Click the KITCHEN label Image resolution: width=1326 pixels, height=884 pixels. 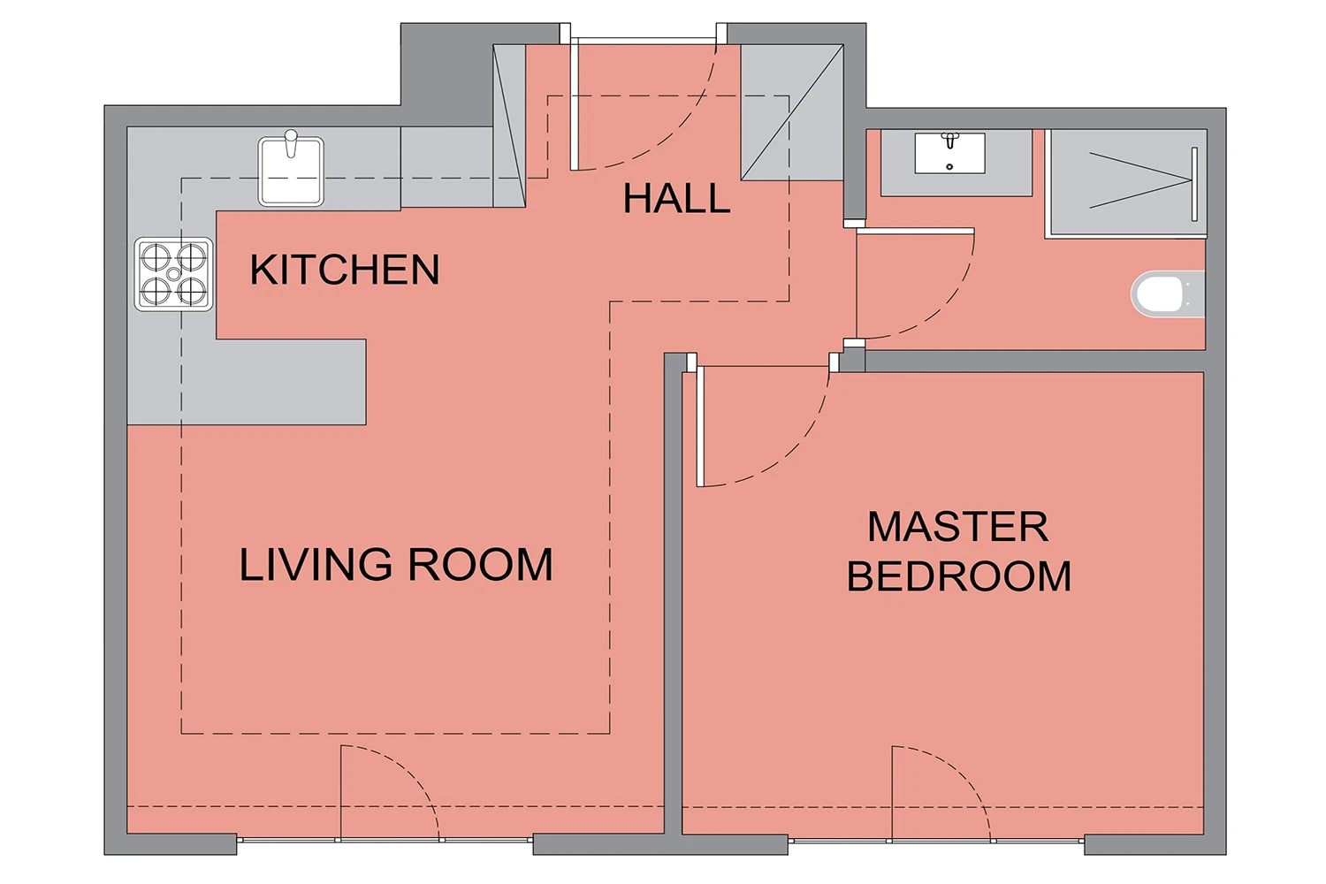pyautogui.click(x=345, y=270)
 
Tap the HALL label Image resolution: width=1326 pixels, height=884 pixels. pyautogui.click(x=676, y=198)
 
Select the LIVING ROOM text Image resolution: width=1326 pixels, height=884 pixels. pyautogui.click(x=395, y=564)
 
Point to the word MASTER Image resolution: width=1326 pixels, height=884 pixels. pyautogui.click(x=957, y=526)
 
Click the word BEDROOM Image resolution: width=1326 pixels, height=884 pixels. pyautogui.click(x=959, y=575)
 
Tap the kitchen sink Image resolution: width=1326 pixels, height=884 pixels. pyautogui.click(x=291, y=171)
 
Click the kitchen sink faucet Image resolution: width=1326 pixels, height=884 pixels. pyautogui.click(x=291, y=143)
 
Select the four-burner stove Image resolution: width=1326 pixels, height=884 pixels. pyautogui.click(x=173, y=274)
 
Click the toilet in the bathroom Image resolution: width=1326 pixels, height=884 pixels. pyautogui.click(x=1168, y=293)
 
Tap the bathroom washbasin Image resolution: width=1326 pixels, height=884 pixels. pyautogui.click(x=950, y=153)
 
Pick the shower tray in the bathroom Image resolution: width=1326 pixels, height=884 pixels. pyautogui.click(x=1128, y=182)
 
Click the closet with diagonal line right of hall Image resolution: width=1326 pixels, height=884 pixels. pyautogui.click(x=792, y=112)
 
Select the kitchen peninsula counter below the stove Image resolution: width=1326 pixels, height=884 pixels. pyautogui.click(x=247, y=382)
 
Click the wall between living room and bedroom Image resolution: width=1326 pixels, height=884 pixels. pyautogui.click(x=673, y=593)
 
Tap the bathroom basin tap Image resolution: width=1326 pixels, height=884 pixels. pyautogui.click(x=950, y=141)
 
